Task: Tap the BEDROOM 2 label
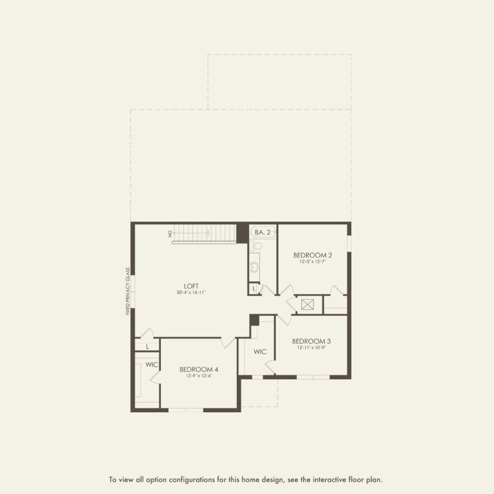(x=312, y=255)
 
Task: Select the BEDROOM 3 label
(x=311, y=341)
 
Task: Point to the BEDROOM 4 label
(x=195, y=369)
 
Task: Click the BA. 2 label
(x=263, y=233)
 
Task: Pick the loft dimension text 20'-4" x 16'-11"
(x=191, y=293)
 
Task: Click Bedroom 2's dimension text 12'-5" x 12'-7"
(x=312, y=262)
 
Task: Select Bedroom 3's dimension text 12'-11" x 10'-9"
(x=311, y=348)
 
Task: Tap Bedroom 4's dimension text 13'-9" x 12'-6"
(x=195, y=376)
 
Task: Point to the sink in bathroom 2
(x=255, y=267)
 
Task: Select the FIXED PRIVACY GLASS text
(x=128, y=291)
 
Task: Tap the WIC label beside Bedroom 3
(x=260, y=351)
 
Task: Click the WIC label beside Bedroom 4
(x=152, y=364)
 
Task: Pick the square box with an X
(x=307, y=305)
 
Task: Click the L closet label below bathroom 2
(x=254, y=289)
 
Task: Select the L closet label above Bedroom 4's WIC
(x=147, y=346)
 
